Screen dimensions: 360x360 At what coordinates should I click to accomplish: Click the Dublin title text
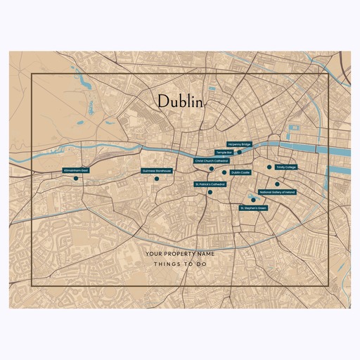180,101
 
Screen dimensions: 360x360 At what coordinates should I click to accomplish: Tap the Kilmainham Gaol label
75,170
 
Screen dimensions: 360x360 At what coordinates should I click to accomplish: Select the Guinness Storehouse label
157,170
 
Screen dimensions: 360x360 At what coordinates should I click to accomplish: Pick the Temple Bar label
224,152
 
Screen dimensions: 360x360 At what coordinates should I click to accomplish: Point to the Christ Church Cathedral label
212,160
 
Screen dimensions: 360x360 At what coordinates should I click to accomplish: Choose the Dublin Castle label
240,172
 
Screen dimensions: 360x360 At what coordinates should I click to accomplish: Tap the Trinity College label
286,167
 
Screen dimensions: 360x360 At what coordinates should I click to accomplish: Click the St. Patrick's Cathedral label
210,184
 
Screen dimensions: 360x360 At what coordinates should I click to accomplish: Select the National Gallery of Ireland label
277,192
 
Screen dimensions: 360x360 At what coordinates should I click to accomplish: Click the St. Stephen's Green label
253,208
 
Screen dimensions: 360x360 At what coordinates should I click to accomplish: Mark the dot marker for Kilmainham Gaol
75,179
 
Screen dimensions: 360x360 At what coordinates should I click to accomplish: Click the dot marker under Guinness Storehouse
157,179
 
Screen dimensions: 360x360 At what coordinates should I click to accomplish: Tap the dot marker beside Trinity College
269,167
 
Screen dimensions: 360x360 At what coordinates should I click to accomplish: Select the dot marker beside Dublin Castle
224,172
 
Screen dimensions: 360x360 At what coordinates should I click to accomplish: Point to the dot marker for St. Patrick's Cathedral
210,191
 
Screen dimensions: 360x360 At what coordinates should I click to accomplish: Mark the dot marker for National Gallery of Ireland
277,184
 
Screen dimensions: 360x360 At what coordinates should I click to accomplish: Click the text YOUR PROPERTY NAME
179,253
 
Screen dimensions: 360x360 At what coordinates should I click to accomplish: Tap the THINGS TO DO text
179,265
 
